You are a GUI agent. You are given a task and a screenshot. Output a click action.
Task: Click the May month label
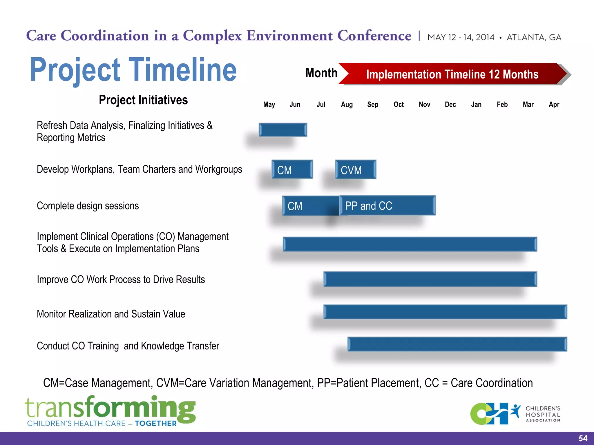(269, 105)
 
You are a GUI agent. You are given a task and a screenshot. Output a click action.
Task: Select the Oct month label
(399, 105)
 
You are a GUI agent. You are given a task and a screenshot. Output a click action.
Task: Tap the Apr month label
(554, 105)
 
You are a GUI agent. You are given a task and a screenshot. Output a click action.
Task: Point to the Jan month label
(476, 105)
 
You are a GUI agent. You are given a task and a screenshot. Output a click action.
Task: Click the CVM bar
(356, 170)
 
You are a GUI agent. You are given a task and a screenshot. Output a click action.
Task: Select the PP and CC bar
(387, 206)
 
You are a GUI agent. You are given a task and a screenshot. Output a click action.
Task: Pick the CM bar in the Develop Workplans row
(292, 170)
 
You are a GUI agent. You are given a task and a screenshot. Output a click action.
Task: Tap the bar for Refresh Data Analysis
(283, 130)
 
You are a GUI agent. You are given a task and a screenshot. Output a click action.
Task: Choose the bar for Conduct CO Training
(457, 344)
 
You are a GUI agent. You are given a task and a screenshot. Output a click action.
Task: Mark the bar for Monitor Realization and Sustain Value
(445, 312)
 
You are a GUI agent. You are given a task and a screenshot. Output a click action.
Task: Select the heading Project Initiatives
(143, 100)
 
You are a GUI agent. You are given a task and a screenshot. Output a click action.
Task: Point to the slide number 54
(583, 438)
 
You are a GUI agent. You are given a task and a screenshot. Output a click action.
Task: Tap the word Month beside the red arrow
(321, 73)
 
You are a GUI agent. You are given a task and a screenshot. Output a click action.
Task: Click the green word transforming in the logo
(110, 408)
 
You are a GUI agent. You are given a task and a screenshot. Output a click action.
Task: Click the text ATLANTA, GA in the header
(534, 37)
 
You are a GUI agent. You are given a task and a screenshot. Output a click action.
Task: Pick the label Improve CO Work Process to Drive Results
(121, 280)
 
